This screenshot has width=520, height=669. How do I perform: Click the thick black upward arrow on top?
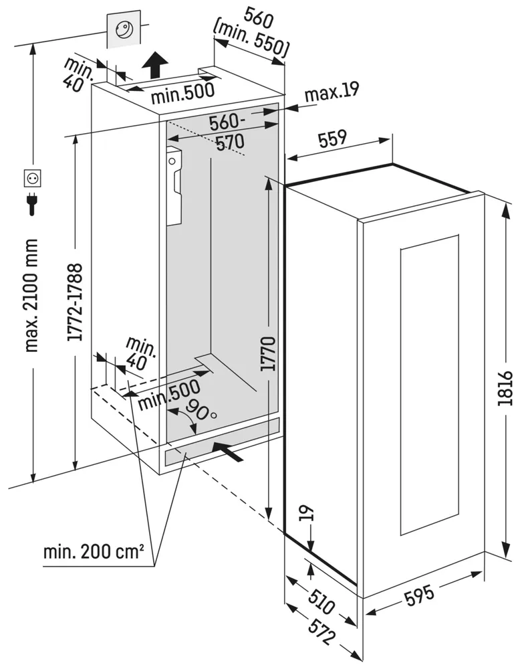(x=155, y=66)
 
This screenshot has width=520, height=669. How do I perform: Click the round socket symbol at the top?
(x=124, y=29)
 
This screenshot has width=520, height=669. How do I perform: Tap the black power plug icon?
(x=32, y=203)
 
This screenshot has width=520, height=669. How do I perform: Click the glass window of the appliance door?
(x=428, y=385)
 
